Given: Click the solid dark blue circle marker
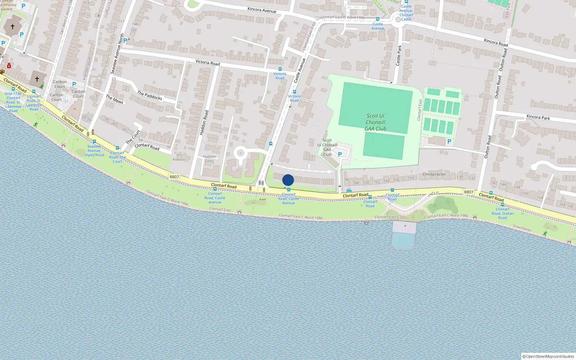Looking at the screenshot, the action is [288, 180].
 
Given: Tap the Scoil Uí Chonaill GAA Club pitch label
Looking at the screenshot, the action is [375, 122].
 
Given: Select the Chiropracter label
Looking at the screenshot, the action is [434, 174].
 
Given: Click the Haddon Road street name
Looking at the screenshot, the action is [204, 122].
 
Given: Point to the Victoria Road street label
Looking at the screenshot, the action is [207, 63].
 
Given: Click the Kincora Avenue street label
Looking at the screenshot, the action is [262, 10].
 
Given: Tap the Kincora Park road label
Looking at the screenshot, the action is [538, 117].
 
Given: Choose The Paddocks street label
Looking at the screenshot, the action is [149, 95].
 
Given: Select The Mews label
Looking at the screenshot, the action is [114, 99].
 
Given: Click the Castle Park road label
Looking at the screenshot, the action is [399, 55].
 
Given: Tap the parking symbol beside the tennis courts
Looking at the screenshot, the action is [449, 141].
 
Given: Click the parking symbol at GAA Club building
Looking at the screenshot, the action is [339, 154].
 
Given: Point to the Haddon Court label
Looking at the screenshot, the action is [209, 159].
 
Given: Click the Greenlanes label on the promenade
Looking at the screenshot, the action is [522, 228].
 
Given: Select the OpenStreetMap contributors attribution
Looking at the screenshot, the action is [548, 356].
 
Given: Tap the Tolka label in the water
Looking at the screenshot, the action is [269, 327].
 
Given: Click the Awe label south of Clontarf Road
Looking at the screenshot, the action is [262, 199].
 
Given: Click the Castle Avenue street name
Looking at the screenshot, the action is [300, 71].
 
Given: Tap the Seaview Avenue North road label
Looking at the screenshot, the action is [117, 54].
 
